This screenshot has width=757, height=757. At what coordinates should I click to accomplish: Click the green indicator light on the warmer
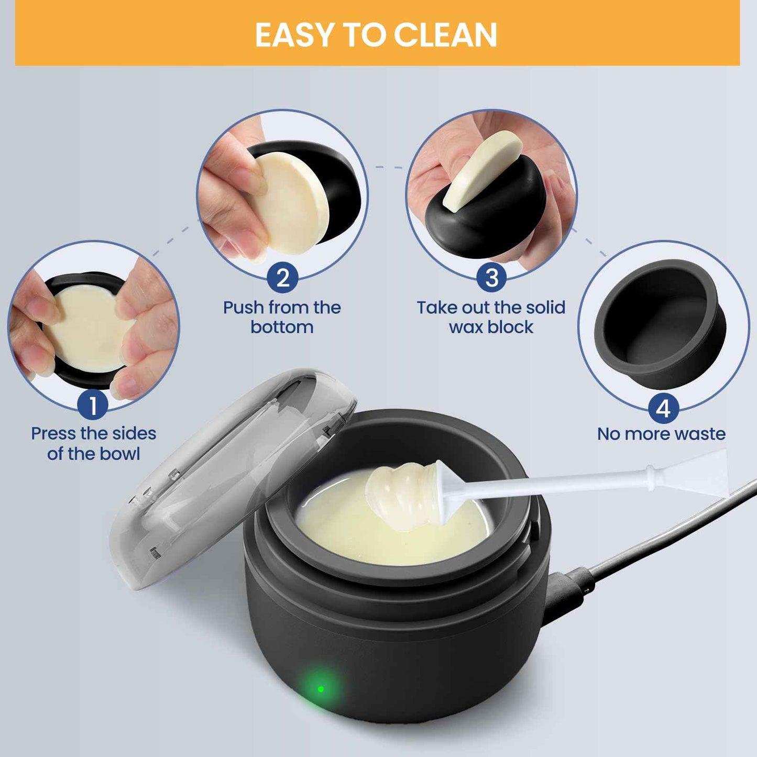321,688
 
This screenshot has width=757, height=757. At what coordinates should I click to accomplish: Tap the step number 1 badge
93,405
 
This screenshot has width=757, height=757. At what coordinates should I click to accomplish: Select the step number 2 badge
282,278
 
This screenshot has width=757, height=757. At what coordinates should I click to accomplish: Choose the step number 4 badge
663,408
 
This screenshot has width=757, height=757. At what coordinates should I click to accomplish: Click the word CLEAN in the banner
445,35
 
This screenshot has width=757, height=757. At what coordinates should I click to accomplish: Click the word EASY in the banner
294,35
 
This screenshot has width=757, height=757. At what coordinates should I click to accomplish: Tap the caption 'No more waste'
661,434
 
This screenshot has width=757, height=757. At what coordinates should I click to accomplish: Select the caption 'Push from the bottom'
282,317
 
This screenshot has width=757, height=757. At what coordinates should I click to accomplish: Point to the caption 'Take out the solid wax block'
491,317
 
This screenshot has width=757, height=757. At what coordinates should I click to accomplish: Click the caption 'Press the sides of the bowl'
93,443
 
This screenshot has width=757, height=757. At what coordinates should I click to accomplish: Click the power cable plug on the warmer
568,589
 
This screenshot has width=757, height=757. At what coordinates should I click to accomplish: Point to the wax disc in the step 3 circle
482,170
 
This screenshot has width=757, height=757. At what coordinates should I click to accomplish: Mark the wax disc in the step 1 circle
89,330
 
